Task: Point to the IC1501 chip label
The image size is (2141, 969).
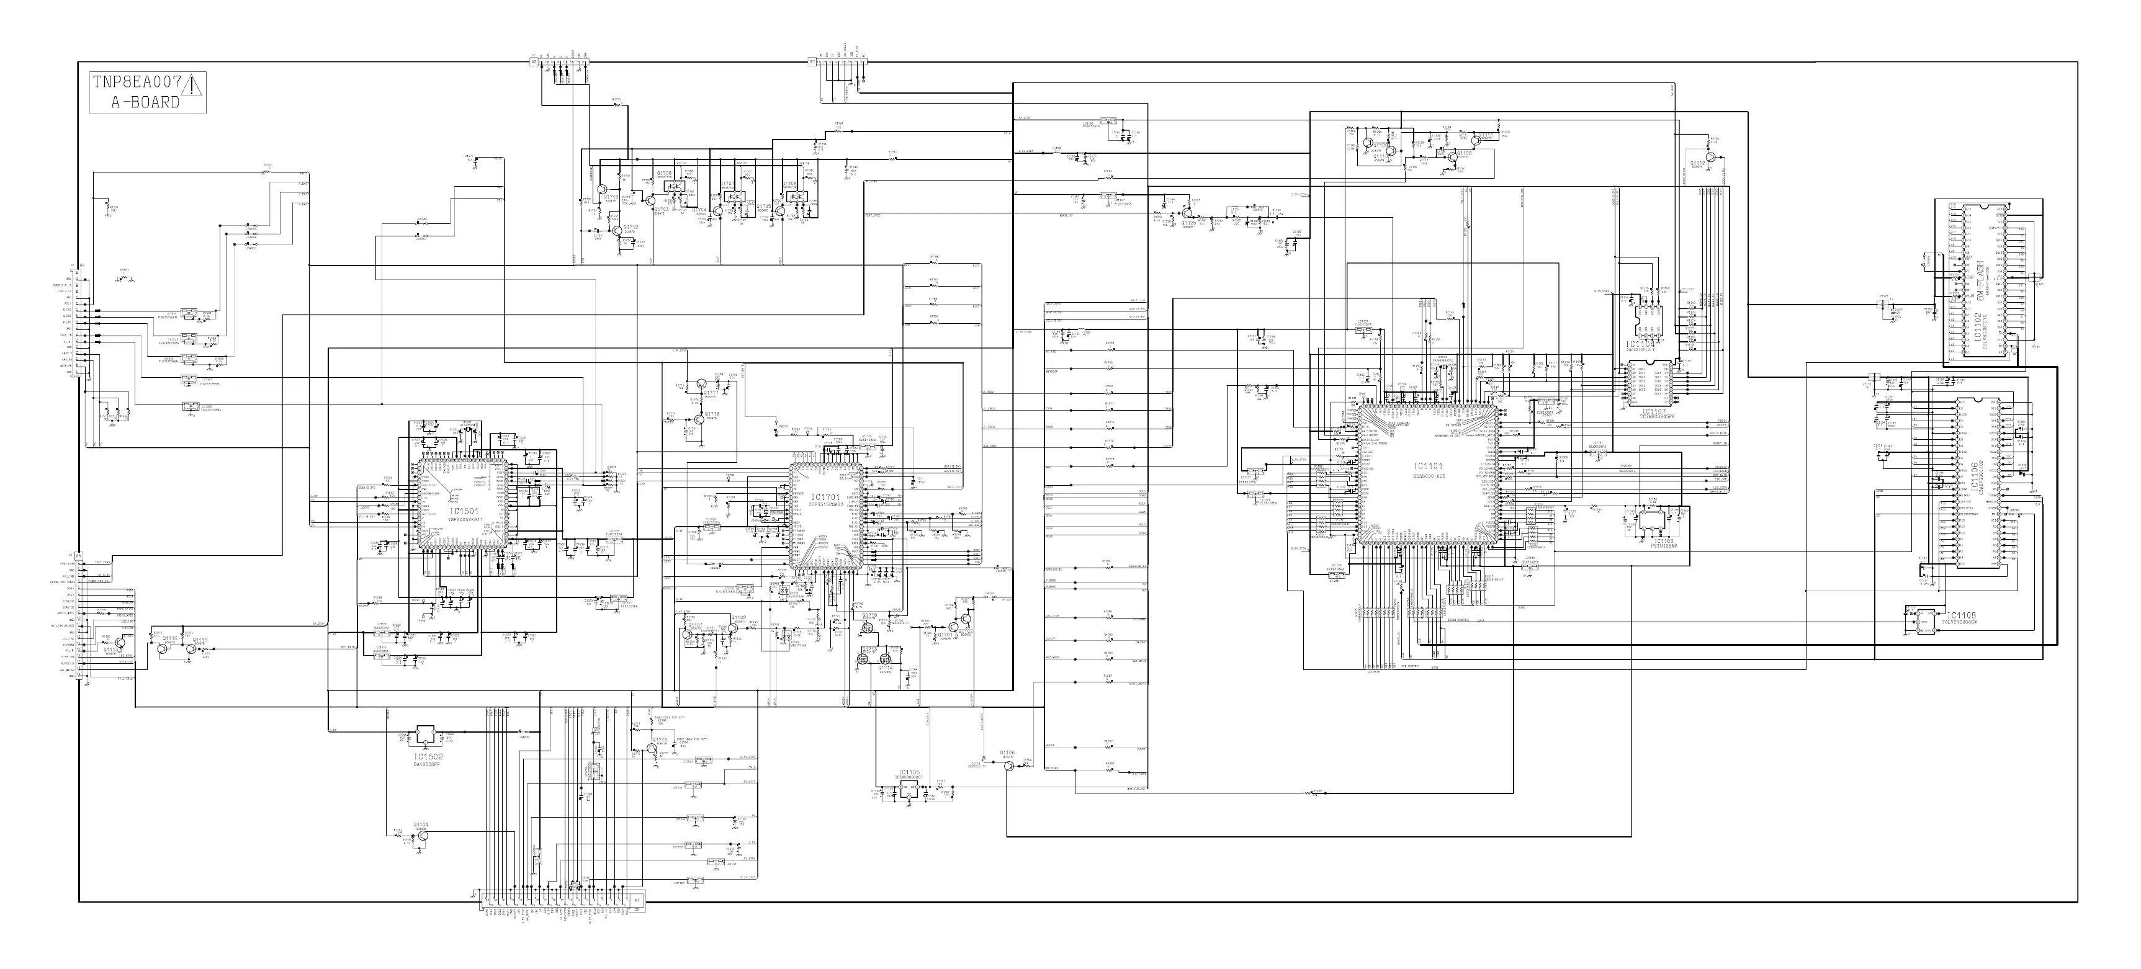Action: pos(465,511)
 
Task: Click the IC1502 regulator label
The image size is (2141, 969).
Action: pos(428,757)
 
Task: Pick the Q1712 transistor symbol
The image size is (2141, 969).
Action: pos(616,230)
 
